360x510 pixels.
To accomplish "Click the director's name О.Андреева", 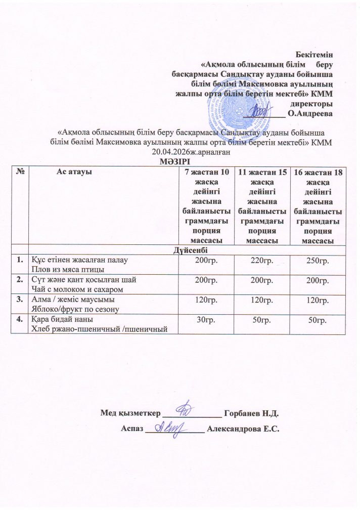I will click(x=310, y=114).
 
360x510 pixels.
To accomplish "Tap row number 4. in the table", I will click(x=20, y=320).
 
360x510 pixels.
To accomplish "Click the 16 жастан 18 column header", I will click(x=319, y=173).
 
